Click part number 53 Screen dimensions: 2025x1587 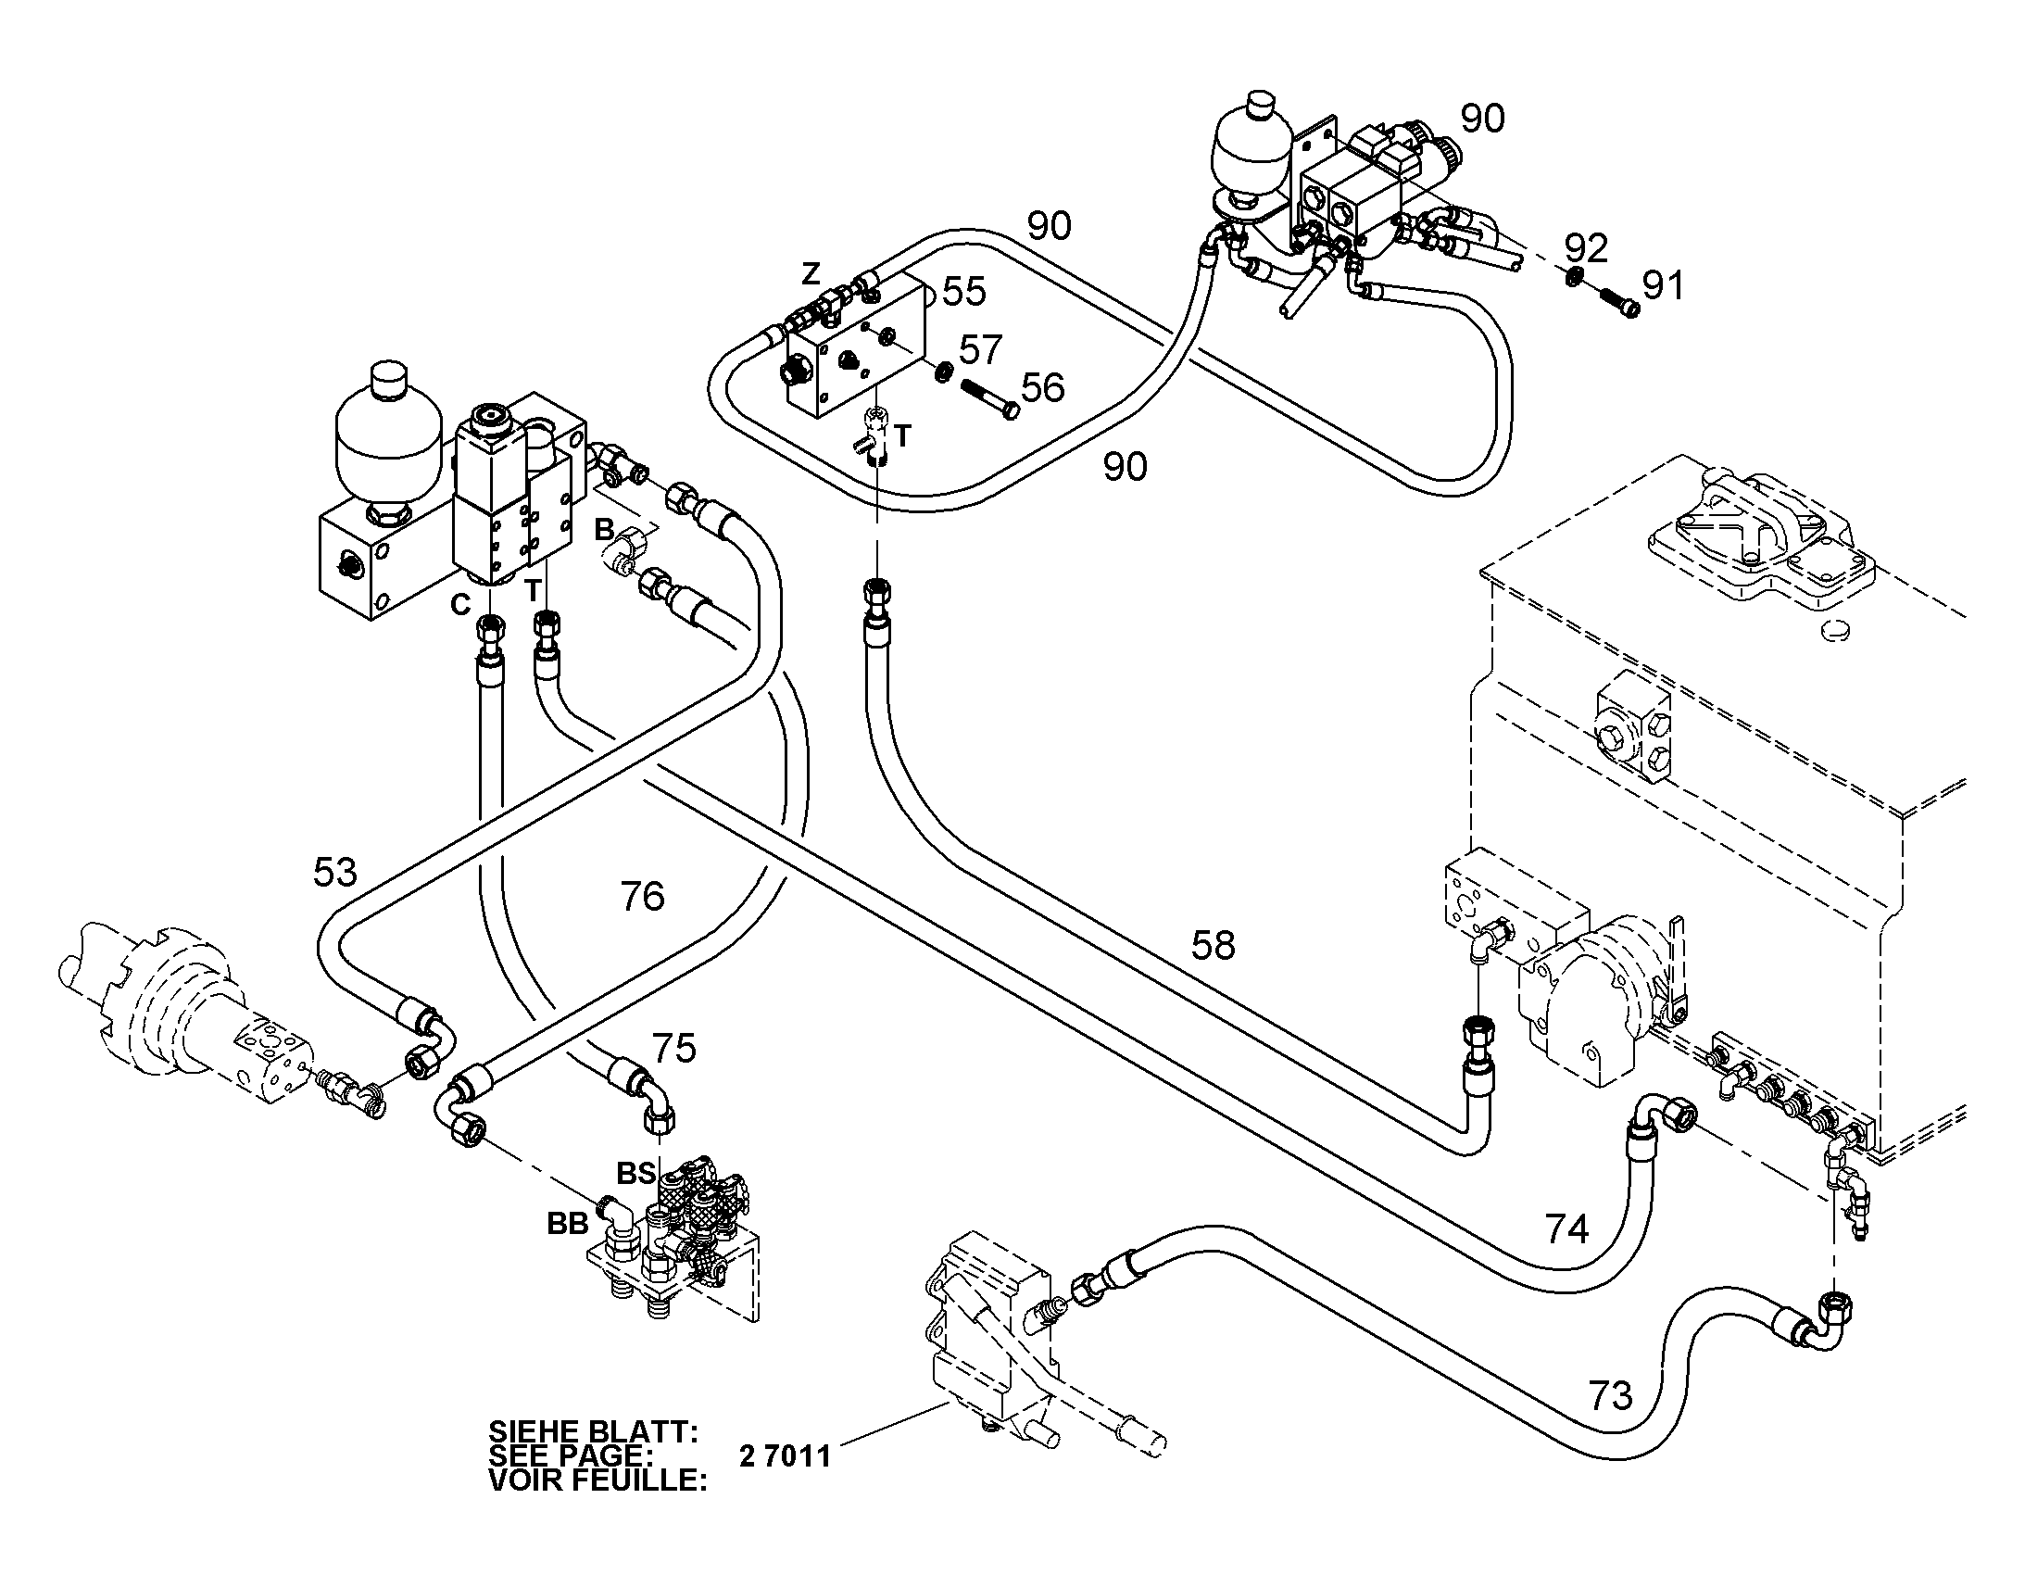point(334,873)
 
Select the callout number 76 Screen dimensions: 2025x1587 point(642,897)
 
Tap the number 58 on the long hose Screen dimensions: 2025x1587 point(1214,946)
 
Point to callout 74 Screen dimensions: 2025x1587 point(1567,1228)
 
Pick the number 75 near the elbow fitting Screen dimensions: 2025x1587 point(673,1048)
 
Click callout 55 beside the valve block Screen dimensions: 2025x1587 point(963,292)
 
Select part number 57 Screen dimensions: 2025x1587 point(981,349)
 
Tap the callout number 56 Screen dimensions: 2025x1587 point(1042,387)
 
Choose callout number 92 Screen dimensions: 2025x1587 point(1586,248)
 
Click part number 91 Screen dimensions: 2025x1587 point(1663,286)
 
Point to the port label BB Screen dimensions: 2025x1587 point(568,1225)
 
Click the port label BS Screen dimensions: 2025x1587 point(637,1174)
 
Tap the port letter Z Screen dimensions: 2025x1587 point(811,274)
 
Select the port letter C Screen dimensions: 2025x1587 point(460,605)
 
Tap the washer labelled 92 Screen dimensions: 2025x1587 point(1573,276)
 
